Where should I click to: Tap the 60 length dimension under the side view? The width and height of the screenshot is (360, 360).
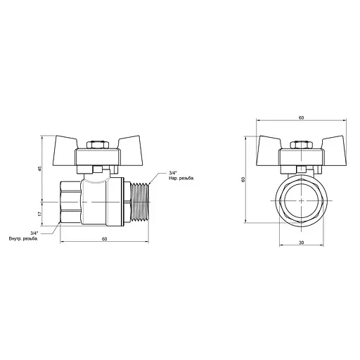pos(103,239)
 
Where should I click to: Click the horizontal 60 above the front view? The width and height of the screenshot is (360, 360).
pos(301,117)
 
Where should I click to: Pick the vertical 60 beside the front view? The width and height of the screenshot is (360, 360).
pos(243,179)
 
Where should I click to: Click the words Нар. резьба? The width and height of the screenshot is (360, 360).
pos(181,179)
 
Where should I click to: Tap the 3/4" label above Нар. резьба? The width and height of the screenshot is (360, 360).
pos(174,172)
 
